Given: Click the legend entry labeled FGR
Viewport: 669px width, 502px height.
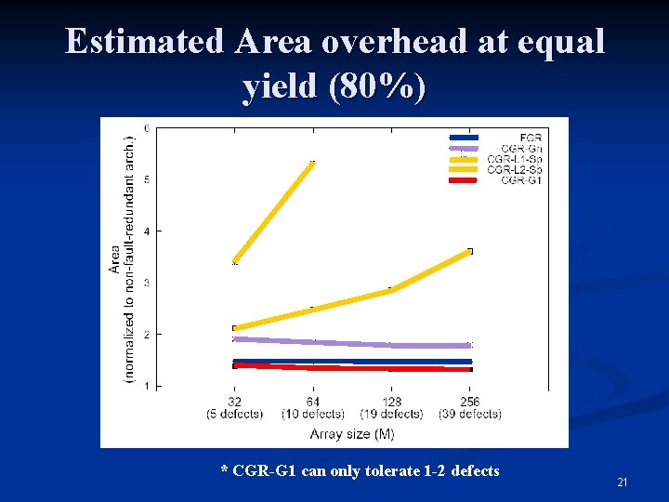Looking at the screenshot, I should point(531,138).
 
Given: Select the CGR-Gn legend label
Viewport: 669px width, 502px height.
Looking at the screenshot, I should point(522,149).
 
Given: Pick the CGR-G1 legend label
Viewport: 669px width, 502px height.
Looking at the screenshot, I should point(521,179).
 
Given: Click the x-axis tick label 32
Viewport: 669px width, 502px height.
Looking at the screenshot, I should point(235,401).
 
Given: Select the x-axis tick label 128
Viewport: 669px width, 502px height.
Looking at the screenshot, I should point(391,401).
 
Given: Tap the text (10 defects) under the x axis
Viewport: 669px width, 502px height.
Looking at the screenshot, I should point(313,413).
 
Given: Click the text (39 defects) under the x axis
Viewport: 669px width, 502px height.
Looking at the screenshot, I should point(469,413).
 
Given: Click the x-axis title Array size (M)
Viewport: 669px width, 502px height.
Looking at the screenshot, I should point(351,433).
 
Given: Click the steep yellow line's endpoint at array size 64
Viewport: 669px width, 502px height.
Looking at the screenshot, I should point(313,163).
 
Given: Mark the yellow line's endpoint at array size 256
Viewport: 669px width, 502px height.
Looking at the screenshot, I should point(469,251).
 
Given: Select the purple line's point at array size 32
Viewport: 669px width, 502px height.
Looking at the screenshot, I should point(235,338).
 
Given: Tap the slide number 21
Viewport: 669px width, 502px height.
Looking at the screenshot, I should point(623,482).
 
